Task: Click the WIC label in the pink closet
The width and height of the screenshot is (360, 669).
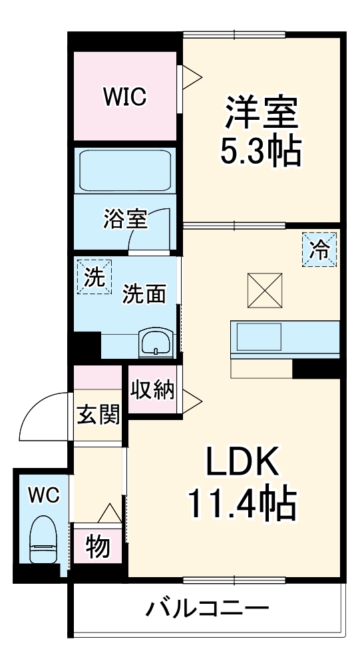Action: [x=124, y=97]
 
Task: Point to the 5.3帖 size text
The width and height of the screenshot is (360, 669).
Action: [x=260, y=152]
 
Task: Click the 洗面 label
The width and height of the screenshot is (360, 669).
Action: [x=144, y=294]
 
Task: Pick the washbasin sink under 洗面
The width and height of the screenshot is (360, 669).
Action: [x=157, y=342]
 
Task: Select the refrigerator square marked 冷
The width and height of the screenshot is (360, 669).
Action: [x=320, y=249]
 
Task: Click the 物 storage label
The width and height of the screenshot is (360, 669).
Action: [x=98, y=547]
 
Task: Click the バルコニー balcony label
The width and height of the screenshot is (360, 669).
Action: [x=208, y=608]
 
